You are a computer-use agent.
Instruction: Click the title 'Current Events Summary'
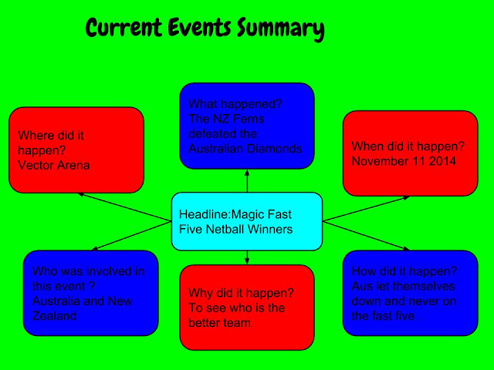click(204, 29)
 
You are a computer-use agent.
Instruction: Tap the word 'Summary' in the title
click(279, 29)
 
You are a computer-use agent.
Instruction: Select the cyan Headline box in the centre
click(246, 221)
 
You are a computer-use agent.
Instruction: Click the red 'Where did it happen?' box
click(76, 150)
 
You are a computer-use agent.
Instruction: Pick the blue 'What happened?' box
click(247, 125)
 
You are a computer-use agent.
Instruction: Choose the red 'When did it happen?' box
click(410, 153)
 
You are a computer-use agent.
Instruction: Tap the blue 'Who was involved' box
click(90, 293)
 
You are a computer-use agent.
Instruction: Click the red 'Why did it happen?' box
click(247, 307)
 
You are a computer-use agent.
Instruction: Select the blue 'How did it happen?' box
click(410, 293)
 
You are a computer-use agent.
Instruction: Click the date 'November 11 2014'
click(401, 160)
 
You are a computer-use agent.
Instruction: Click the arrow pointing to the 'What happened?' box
click(247, 182)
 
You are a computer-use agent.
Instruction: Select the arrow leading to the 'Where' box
click(123, 207)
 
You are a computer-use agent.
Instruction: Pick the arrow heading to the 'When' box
click(367, 209)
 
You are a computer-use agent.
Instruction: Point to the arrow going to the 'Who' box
click(131, 235)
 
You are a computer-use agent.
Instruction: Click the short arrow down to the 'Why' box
click(247, 257)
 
